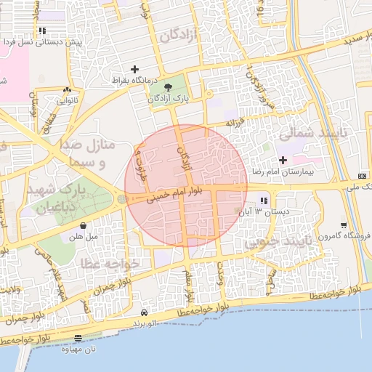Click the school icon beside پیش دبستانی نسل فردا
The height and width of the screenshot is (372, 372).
[43, 31]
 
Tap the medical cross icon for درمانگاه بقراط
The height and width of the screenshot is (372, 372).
[135, 69]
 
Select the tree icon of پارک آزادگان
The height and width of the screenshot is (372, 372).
[169, 87]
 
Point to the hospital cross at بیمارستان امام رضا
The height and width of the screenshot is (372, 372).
[283, 159]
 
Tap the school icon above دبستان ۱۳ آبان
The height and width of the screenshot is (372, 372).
[263, 201]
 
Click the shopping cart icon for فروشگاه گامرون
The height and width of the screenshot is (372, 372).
[343, 225]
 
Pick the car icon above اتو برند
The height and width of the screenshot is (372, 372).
[144, 312]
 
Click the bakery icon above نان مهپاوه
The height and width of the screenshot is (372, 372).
[78, 338]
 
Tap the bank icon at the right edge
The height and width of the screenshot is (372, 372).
[363, 177]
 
